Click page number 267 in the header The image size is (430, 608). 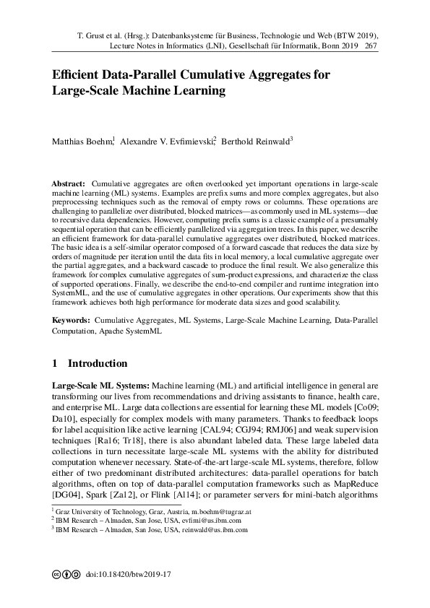372,45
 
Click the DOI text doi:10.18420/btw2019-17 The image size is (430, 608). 127,575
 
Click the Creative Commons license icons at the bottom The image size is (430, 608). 66,575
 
